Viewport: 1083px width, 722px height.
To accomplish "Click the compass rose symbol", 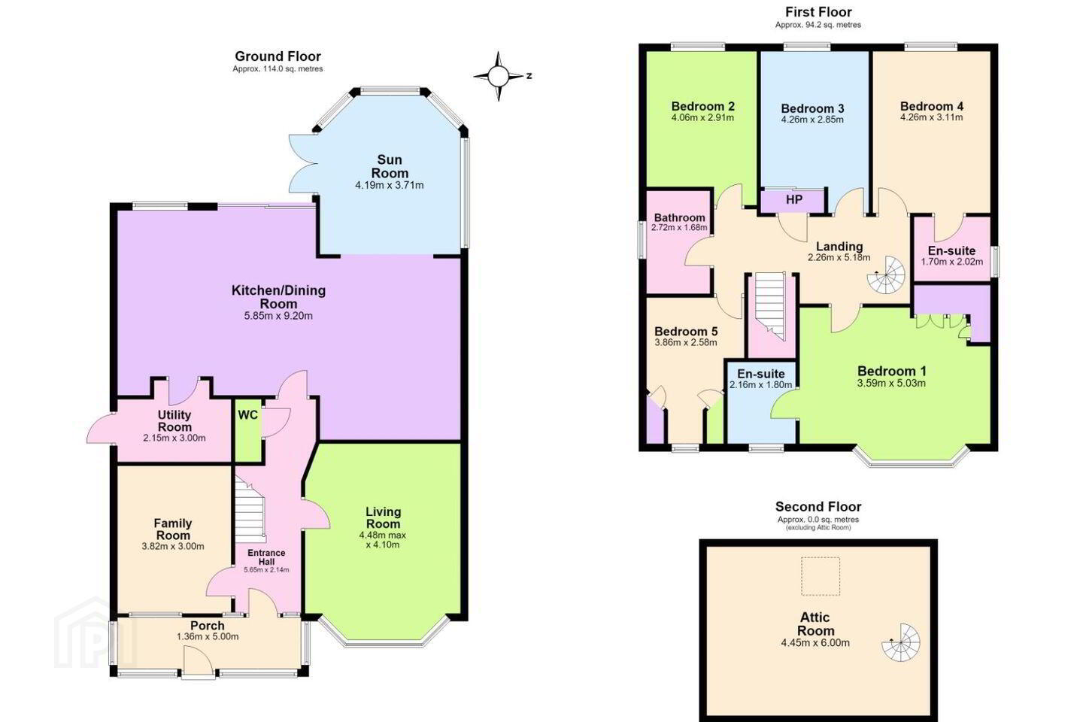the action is click(x=499, y=76).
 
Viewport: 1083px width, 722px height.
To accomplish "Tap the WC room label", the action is click(x=247, y=415).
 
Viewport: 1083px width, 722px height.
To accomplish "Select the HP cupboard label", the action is click(x=794, y=200).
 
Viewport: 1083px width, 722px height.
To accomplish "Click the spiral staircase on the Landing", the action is click(x=886, y=275).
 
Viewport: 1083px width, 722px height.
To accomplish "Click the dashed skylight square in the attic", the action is click(x=821, y=576).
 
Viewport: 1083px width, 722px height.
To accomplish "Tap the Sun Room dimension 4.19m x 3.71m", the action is click(x=390, y=185).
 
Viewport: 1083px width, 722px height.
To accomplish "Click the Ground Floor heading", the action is click(x=278, y=56).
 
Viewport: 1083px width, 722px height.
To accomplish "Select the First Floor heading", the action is click(x=818, y=11).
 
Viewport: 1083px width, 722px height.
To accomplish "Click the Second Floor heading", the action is click(x=818, y=507).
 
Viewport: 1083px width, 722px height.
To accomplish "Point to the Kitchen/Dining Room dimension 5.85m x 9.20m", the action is click(x=278, y=317).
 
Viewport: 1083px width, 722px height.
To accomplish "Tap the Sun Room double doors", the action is click(x=303, y=165).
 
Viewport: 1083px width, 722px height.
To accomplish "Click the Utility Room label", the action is click(x=174, y=420).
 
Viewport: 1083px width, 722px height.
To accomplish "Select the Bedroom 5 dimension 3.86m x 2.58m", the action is click(x=686, y=342).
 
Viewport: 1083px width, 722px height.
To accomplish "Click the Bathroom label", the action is click(x=679, y=217).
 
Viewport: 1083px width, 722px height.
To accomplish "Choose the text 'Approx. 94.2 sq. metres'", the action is click(x=818, y=25).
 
